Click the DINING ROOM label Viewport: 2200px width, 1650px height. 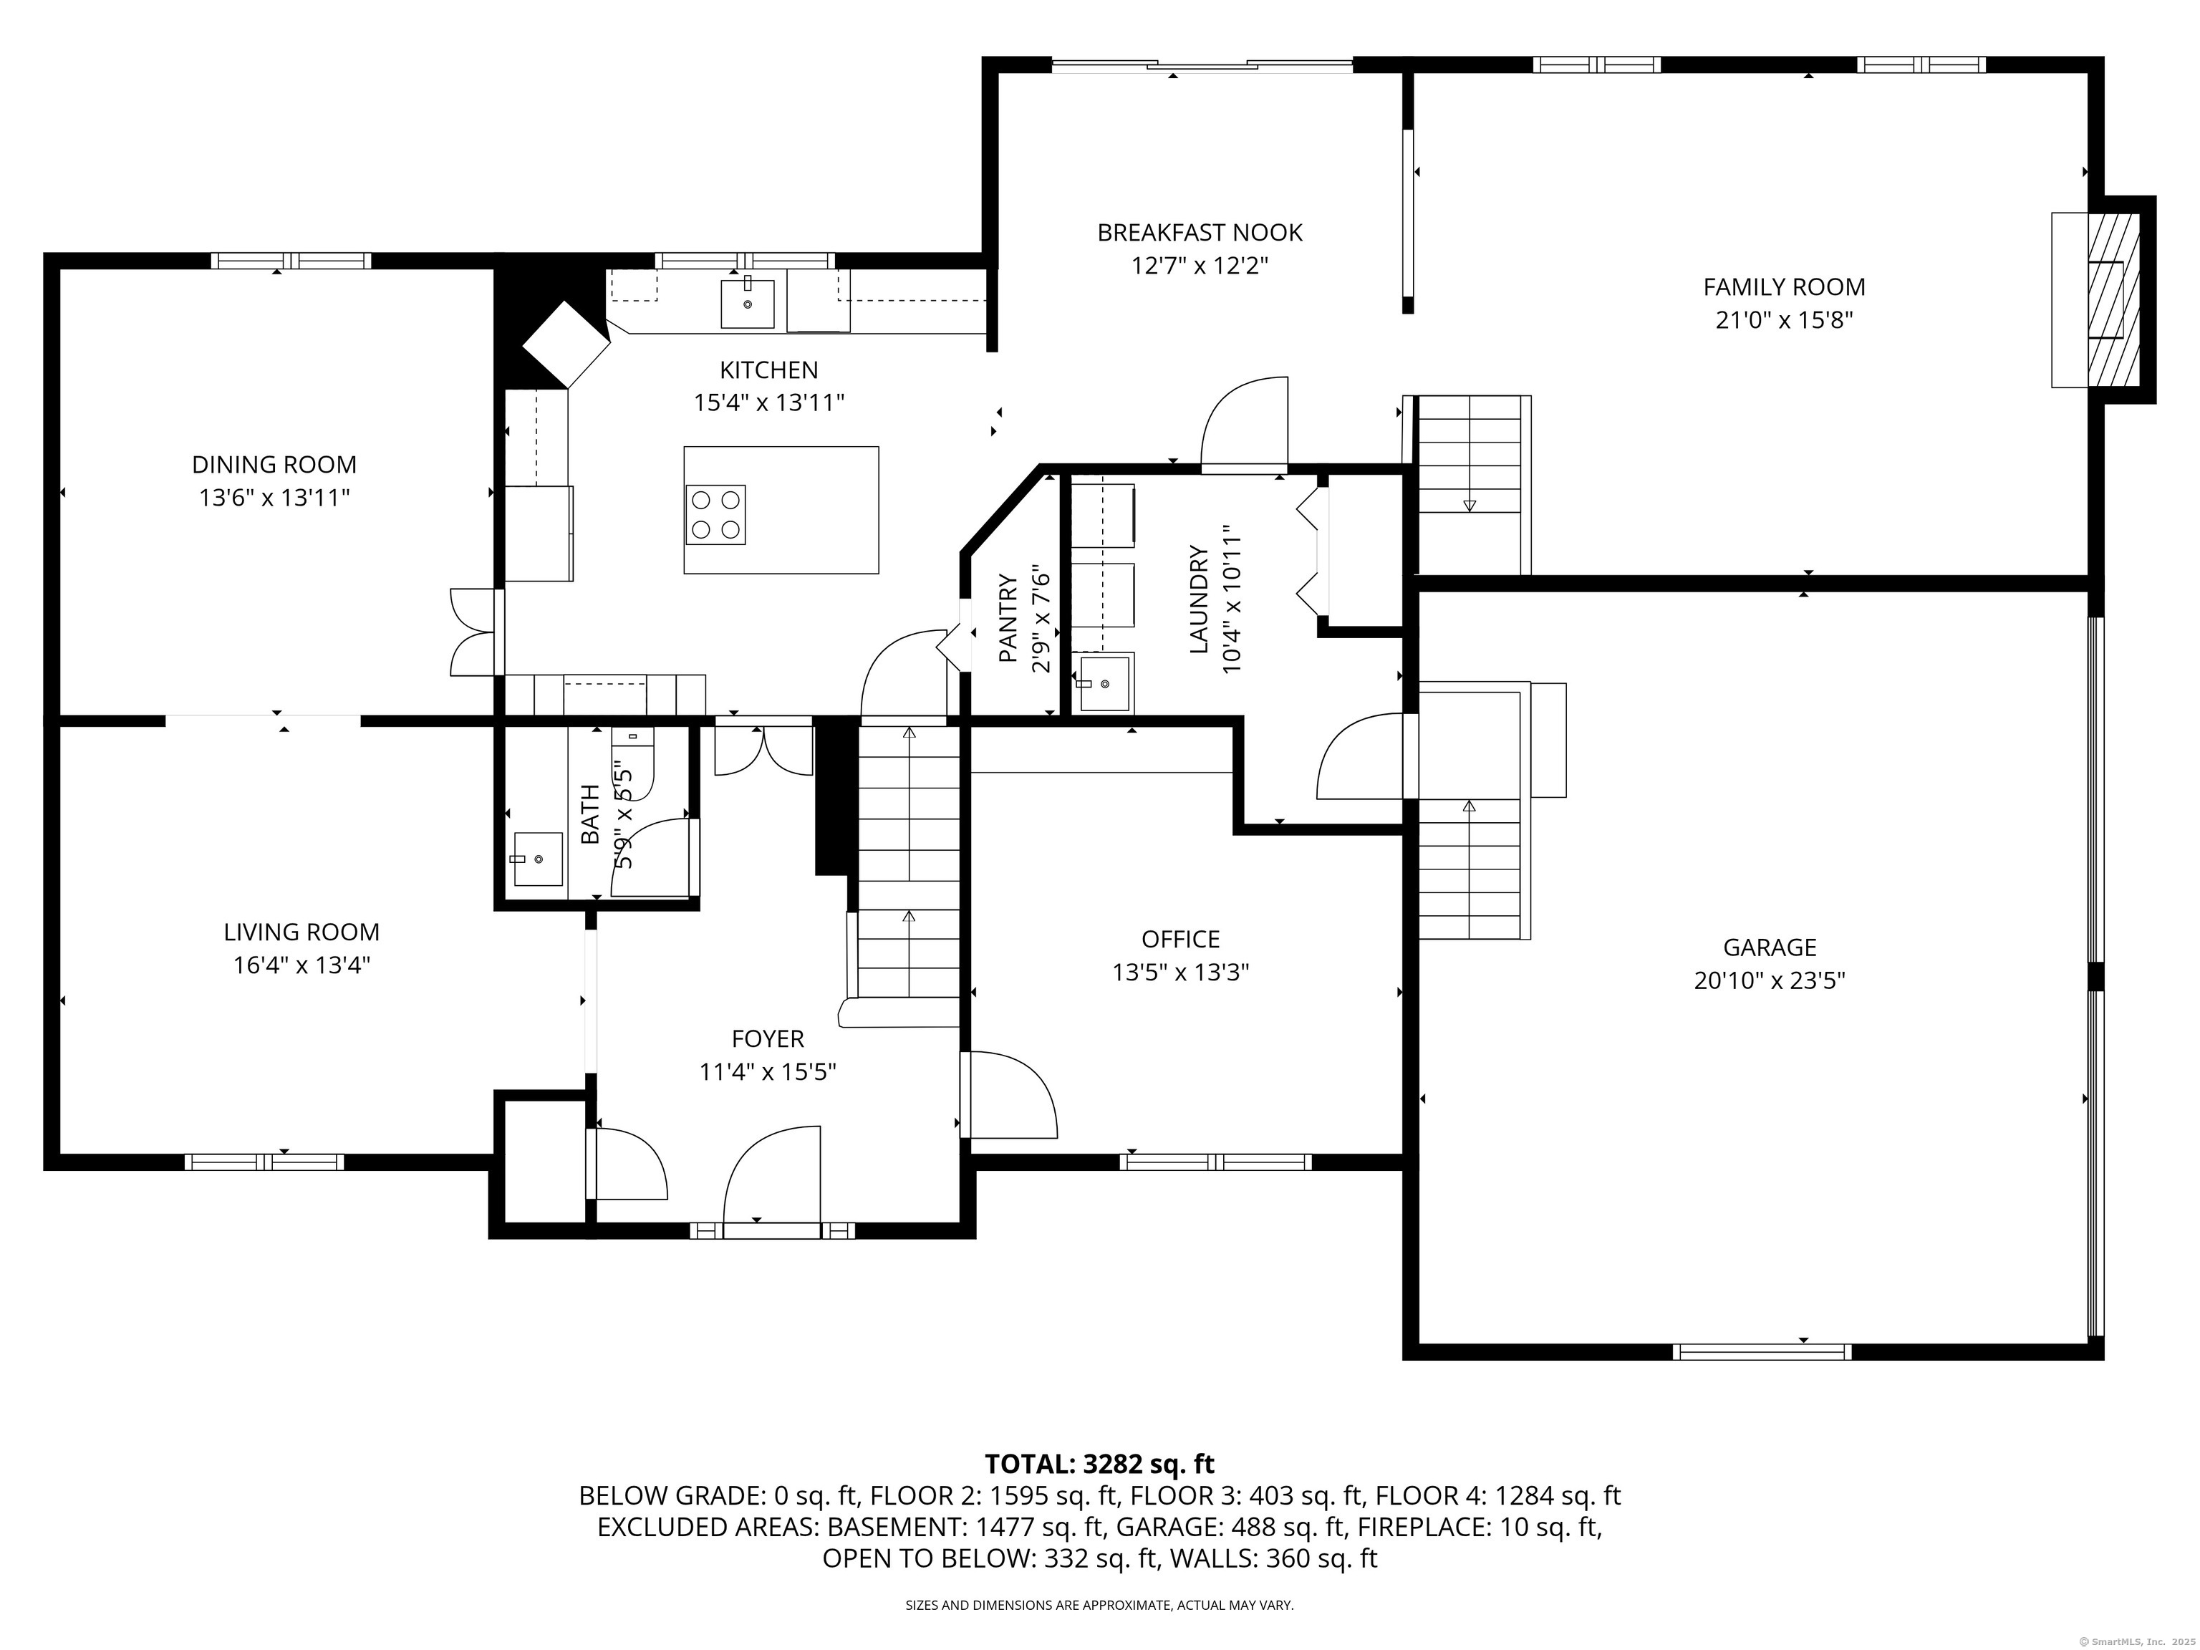[x=274, y=465]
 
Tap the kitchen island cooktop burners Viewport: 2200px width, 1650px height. [x=715, y=515]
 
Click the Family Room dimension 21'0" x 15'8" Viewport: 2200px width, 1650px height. [x=1784, y=320]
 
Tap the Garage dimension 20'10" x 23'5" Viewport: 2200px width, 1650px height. [x=1770, y=980]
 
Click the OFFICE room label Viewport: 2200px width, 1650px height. [x=1180, y=939]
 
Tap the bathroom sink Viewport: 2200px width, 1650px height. [x=536, y=859]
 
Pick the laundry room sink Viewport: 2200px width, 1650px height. [x=1105, y=682]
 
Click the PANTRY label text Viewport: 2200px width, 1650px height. [x=1008, y=619]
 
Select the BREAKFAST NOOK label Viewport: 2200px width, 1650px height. [x=1200, y=233]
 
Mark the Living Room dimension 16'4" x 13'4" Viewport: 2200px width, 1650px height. [x=301, y=965]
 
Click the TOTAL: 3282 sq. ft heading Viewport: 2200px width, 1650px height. [x=1099, y=1464]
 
